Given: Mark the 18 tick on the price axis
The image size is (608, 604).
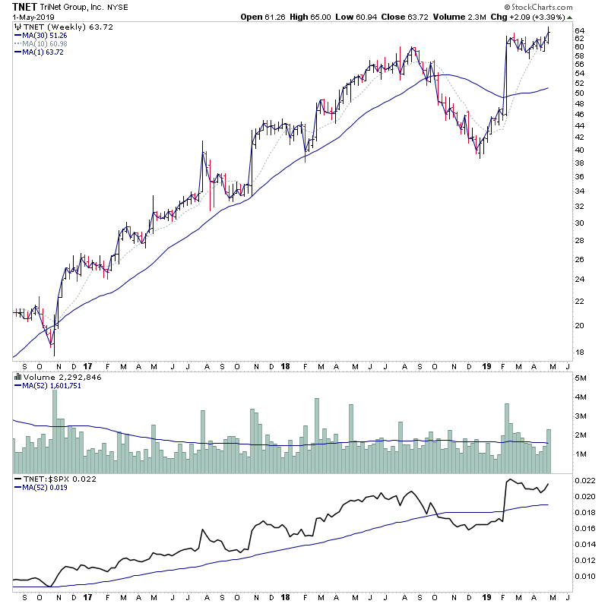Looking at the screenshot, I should pyautogui.click(x=578, y=352).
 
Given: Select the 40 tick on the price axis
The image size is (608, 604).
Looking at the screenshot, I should pyautogui.click(x=578, y=150).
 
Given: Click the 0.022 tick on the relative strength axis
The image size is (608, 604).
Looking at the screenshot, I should pyautogui.click(x=585, y=481).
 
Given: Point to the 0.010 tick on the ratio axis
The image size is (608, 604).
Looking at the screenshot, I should pyautogui.click(x=585, y=576).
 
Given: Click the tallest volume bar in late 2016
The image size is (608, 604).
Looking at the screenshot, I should pyautogui.click(x=54, y=422).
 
